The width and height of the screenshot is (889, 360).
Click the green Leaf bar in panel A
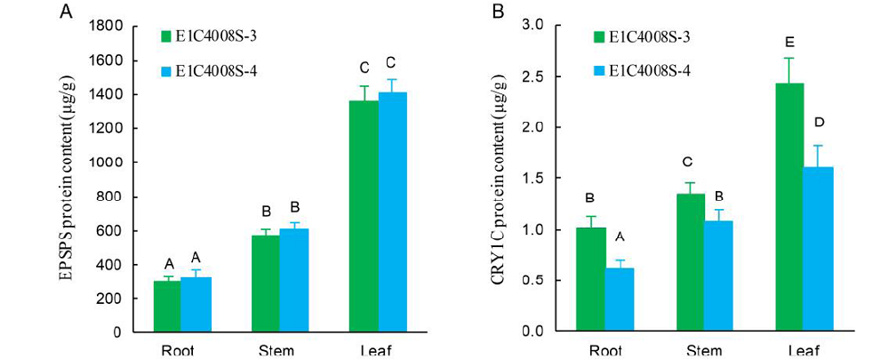coord(363,217)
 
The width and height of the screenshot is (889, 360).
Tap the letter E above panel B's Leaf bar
coord(789,42)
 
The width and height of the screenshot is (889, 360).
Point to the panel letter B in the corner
coord(497,12)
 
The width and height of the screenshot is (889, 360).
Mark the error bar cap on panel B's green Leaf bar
coord(789,59)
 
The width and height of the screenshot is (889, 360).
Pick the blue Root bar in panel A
coord(195,305)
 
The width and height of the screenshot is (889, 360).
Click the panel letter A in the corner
coord(66,12)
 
